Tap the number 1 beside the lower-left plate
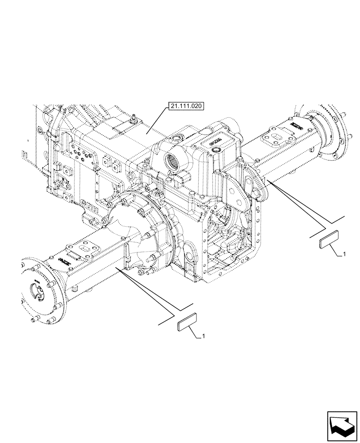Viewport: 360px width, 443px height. pos(203,337)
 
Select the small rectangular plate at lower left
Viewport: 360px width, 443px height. pos(187,324)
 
